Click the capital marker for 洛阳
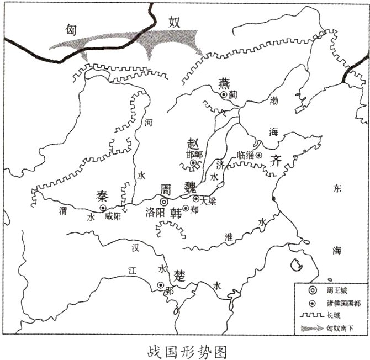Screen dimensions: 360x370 pos(163,202)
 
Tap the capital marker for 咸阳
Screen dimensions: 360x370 pos(103,208)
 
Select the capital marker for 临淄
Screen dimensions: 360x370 pos(258,155)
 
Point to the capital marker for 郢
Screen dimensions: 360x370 pos(161,285)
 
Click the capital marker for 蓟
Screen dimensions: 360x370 pos(223,95)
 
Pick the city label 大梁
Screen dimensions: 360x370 pos(209,202)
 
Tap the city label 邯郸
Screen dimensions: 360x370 pos(194,155)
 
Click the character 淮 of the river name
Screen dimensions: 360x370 pos(229,236)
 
